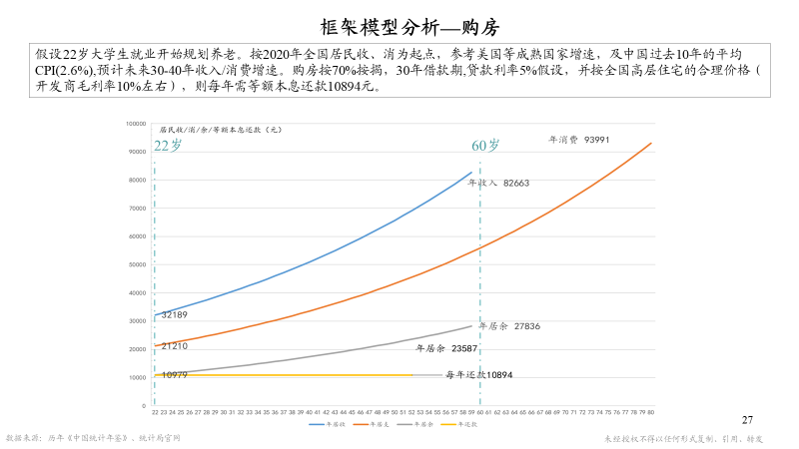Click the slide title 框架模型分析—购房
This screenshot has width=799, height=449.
(x=399, y=26)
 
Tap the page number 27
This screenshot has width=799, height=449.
(x=748, y=419)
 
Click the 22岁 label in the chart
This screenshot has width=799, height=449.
(x=168, y=145)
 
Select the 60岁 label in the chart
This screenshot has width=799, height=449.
(x=485, y=146)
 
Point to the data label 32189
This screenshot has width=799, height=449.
(x=174, y=314)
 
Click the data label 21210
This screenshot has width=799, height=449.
(x=174, y=345)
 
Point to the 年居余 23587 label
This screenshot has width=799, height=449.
(x=445, y=348)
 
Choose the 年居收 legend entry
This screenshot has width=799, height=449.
(x=331, y=423)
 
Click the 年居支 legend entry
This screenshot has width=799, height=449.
(x=377, y=423)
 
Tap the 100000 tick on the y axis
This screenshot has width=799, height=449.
(x=137, y=123)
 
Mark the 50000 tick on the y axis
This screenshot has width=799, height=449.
(x=138, y=264)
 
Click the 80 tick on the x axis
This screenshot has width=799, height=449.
(x=651, y=411)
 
